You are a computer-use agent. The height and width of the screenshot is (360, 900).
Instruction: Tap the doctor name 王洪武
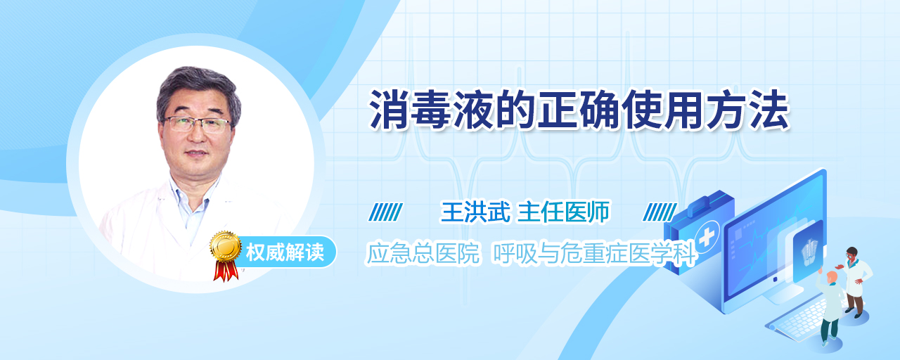[475, 212]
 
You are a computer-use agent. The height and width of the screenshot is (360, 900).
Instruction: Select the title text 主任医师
[563, 212]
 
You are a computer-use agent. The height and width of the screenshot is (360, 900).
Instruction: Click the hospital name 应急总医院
[423, 253]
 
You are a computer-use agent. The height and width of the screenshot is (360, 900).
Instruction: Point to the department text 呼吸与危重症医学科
[594, 253]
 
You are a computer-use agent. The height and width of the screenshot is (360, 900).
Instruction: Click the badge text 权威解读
[285, 252]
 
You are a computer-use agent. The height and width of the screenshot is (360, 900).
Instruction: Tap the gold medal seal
[226, 246]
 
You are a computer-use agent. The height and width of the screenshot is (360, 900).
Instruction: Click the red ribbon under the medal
[226, 271]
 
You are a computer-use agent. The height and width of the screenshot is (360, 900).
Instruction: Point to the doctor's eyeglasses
[196, 124]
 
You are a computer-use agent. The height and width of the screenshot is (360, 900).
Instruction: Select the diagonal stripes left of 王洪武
[386, 212]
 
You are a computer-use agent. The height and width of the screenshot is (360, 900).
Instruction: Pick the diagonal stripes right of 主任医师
[660, 212]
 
